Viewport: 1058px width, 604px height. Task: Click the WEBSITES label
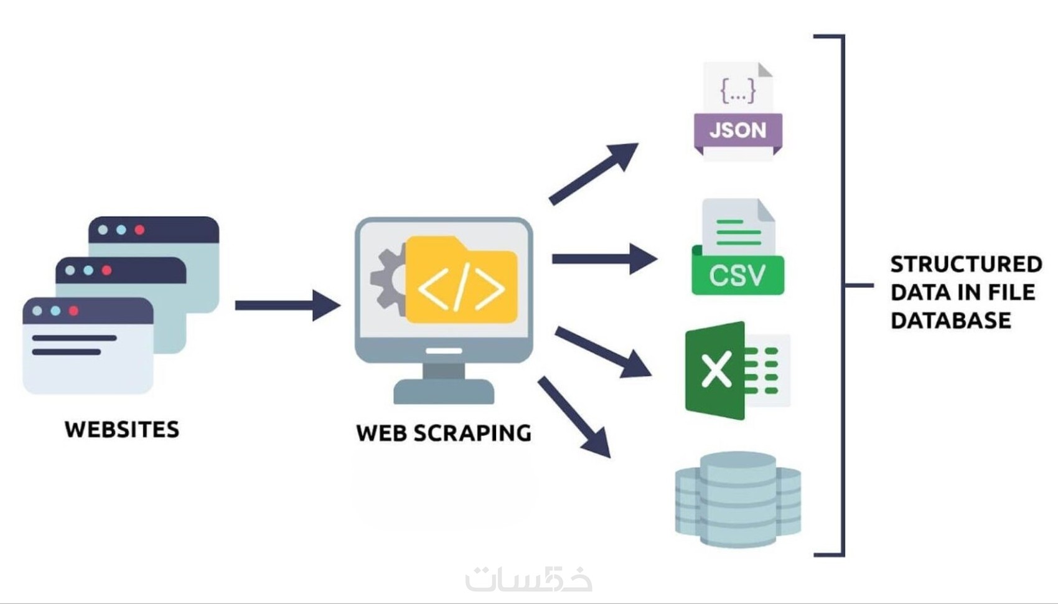point(122,430)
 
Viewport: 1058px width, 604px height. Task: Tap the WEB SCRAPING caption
point(444,433)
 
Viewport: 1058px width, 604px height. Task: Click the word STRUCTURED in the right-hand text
point(966,264)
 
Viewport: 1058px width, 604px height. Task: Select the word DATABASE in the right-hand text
point(950,321)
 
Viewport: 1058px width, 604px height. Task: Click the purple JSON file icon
point(737,111)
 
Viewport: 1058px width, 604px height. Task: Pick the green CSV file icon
point(737,247)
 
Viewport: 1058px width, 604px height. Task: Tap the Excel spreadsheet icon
point(737,370)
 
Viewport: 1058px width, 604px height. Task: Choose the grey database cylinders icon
point(737,499)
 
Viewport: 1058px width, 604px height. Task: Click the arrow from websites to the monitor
point(288,305)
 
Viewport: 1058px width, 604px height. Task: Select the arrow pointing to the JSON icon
point(594,174)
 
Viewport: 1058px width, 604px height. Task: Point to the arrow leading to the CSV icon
point(604,258)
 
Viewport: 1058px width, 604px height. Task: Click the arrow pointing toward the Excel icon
point(603,352)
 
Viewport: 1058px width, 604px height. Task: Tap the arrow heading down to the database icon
point(574,417)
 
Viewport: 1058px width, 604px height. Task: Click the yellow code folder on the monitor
point(461,280)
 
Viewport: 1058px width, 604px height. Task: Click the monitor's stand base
point(444,392)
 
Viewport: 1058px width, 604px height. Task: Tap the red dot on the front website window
point(73,311)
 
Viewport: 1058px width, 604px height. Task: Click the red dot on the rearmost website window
point(139,230)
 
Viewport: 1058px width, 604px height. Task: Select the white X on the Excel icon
point(716,370)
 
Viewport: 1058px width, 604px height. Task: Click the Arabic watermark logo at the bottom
point(528,578)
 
